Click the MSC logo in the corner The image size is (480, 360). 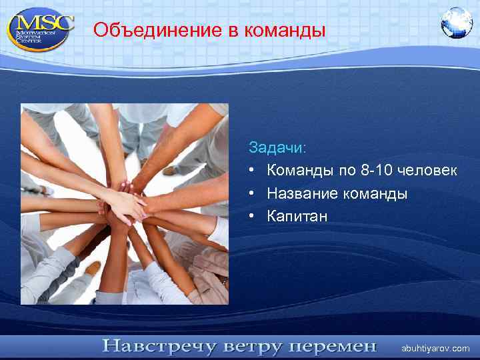click(40, 27)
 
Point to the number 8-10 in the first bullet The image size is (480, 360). click(376, 170)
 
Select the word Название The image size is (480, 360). click(303, 193)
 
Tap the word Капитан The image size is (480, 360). click(297, 216)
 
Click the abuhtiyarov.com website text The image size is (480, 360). click(435, 348)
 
